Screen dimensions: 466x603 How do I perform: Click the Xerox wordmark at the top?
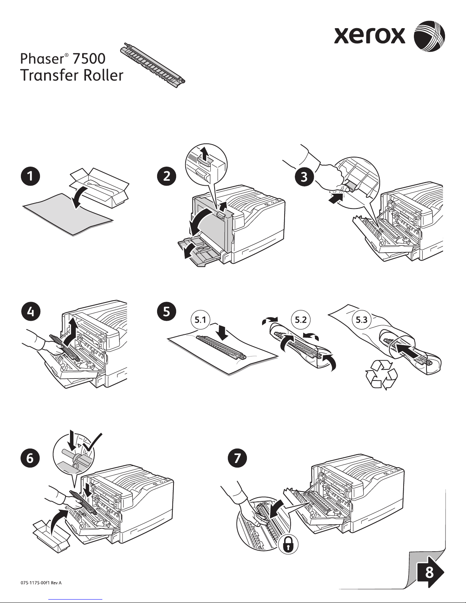coord(370,36)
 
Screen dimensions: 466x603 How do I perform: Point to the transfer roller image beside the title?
coord(152,63)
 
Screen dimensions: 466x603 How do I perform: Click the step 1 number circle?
coord(29,177)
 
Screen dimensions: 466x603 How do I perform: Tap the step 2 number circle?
coord(167,177)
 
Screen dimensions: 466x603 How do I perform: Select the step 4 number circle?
coord(29,312)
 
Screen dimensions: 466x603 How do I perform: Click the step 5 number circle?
coord(167,312)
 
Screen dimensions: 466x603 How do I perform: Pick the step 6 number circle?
coord(29,458)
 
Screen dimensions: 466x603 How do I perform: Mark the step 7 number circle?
coord(237,458)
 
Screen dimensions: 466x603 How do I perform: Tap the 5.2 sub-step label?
coord(301,320)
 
